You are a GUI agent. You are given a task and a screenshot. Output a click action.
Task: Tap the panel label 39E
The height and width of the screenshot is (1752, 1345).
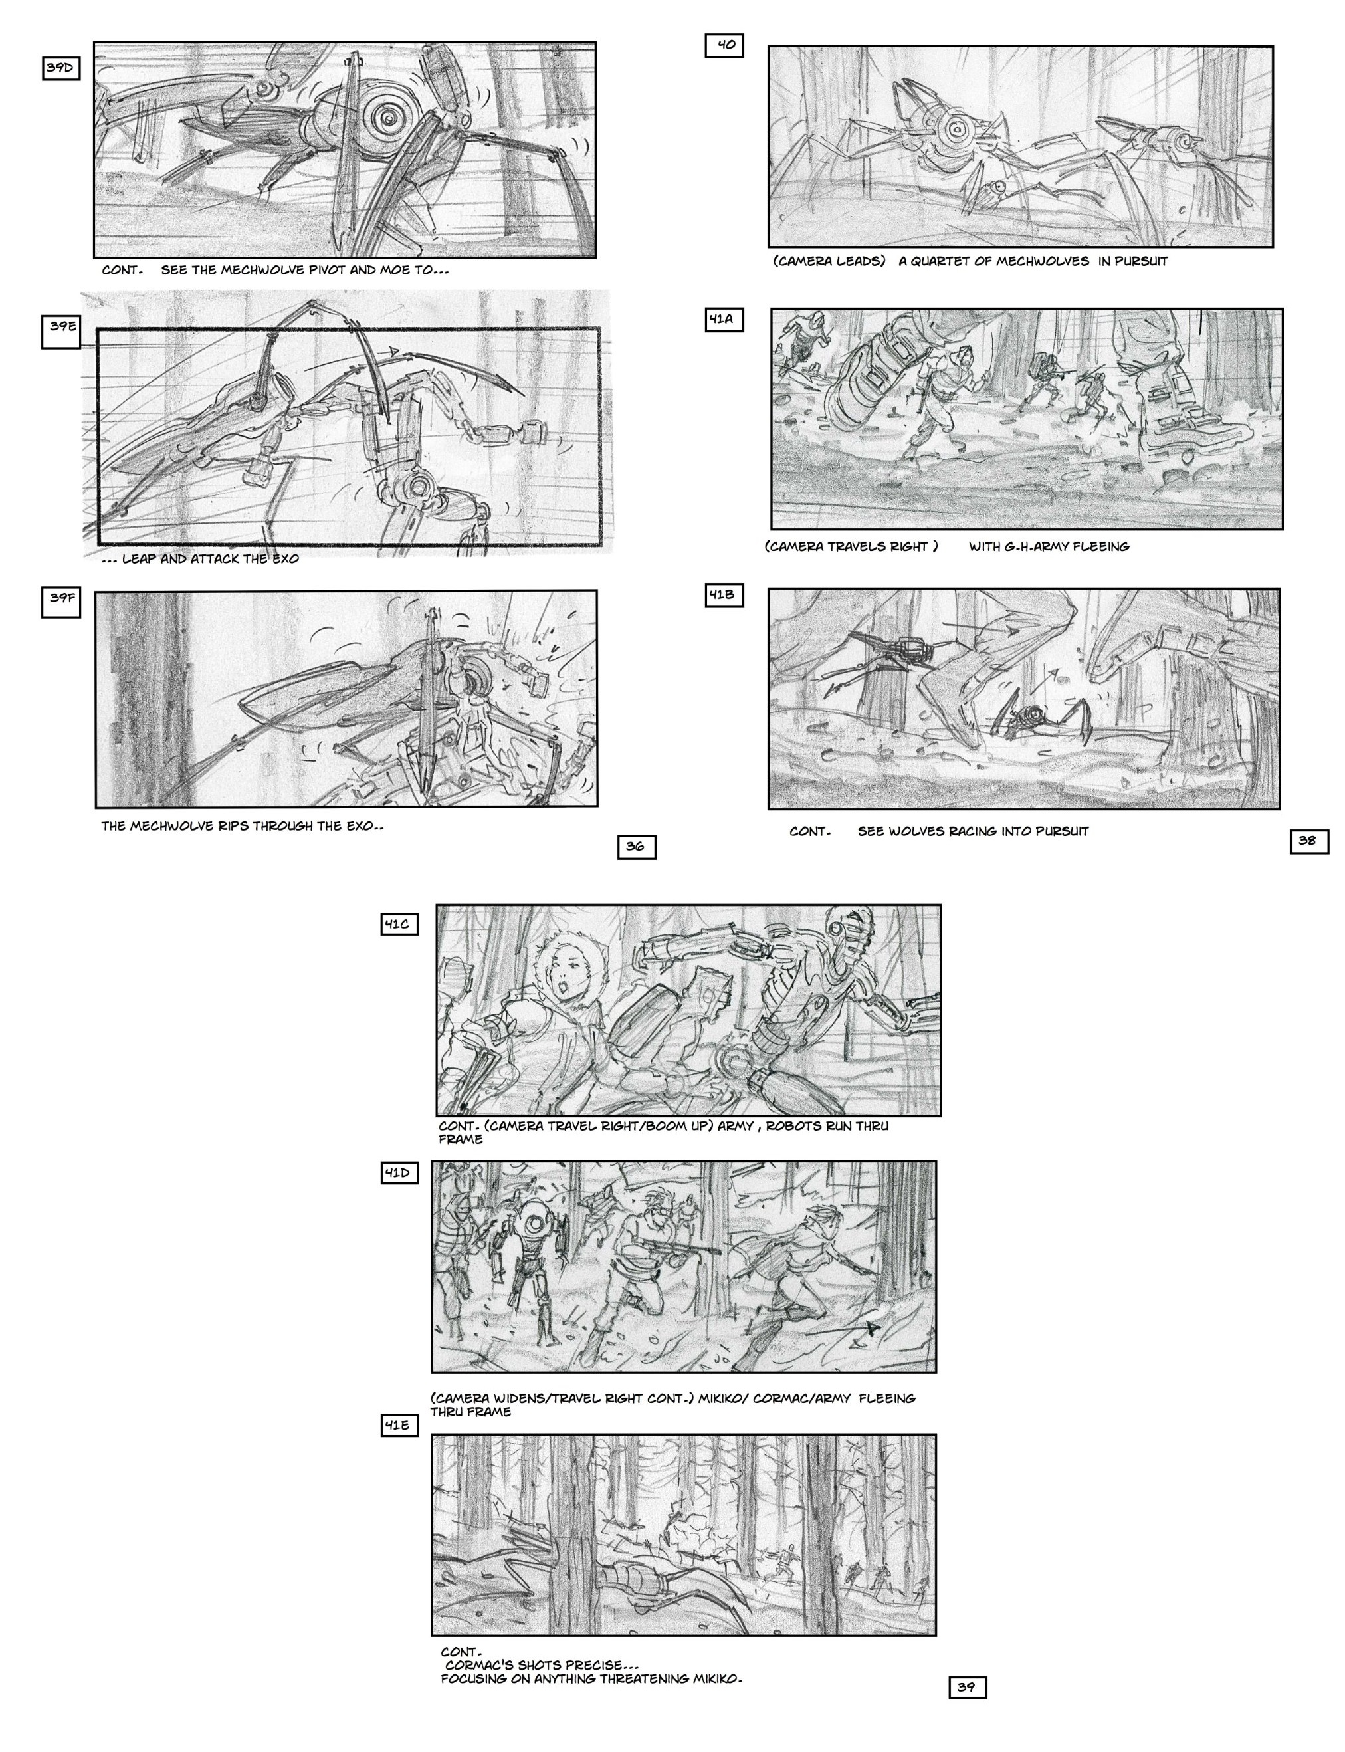point(61,332)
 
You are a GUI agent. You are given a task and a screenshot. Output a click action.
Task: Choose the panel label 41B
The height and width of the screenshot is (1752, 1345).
point(724,595)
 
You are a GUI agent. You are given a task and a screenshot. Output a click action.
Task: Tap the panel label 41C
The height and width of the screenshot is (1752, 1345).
point(399,925)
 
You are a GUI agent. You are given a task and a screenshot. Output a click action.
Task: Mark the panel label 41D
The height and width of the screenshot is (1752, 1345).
point(399,1173)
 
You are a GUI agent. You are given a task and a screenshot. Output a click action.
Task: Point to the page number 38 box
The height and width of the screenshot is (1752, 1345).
point(1310,841)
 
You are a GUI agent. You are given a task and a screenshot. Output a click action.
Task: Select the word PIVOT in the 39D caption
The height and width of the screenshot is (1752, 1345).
point(327,270)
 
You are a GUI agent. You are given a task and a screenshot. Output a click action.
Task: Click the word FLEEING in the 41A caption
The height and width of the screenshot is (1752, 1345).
point(1101,546)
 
